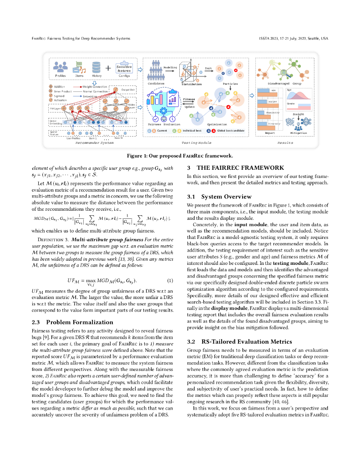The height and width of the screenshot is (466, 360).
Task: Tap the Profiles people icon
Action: (x=61, y=67)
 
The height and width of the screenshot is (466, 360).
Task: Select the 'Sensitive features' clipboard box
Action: (x=124, y=68)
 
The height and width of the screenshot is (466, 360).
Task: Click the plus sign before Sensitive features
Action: (x=108, y=68)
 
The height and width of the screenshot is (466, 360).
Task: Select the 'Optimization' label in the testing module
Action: (x=217, y=124)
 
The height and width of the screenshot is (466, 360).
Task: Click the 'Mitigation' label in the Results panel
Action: (x=299, y=134)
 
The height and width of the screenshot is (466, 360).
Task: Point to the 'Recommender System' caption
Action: (x=94, y=142)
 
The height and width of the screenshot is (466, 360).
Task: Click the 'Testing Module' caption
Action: (x=196, y=142)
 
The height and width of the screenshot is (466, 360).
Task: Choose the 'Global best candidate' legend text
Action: (x=230, y=131)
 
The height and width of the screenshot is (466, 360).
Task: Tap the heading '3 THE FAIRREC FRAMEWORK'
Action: (x=236, y=167)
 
